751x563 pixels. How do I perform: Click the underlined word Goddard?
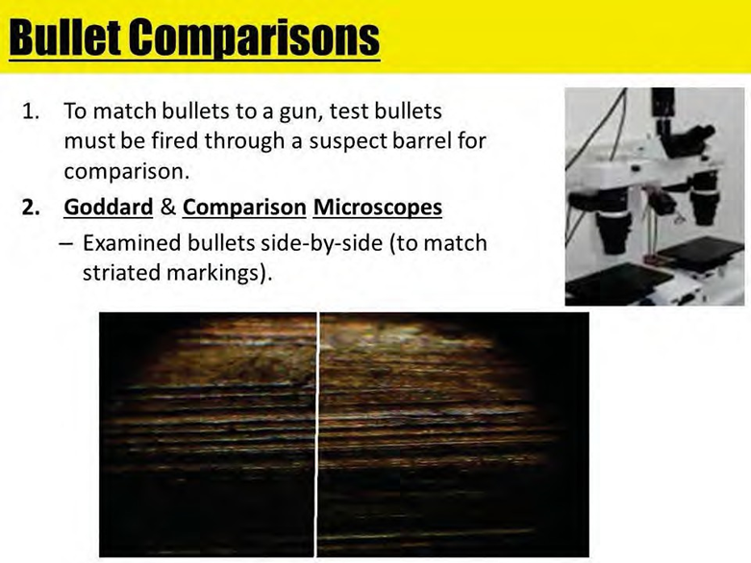point(109,208)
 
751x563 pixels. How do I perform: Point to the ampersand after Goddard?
point(167,208)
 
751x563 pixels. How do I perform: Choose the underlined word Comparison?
point(244,208)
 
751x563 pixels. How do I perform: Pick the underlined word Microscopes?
point(377,208)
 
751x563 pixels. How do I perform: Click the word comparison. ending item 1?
point(127,172)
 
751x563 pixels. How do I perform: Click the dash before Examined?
point(66,243)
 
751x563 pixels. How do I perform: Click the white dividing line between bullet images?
point(316,435)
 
